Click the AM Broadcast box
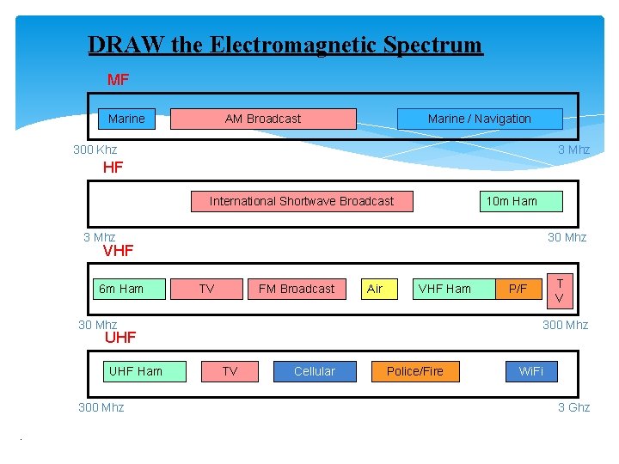point(263,119)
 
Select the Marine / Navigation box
point(479,119)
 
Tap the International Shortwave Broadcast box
point(301,201)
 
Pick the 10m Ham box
point(512,201)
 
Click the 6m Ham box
point(121,289)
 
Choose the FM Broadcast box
point(297,289)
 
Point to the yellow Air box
point(375,289)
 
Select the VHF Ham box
point(444,289)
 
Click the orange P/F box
point(518,289)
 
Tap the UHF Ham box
point(136,371)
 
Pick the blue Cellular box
point(315,371)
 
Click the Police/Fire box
point(415,371)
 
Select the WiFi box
point(530,371)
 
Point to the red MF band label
point(118,80)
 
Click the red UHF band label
point(120,337)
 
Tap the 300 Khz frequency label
point(95,150)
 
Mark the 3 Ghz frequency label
point(573,407)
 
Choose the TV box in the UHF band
point(230,371)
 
